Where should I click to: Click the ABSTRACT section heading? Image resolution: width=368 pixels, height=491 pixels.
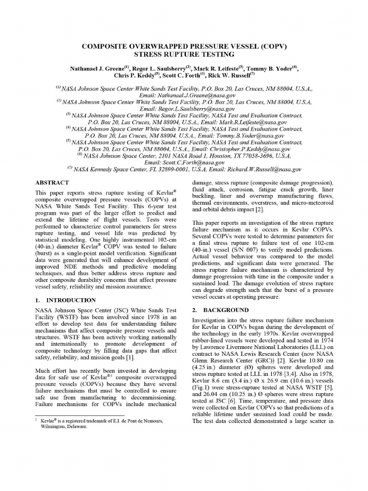(52, 183)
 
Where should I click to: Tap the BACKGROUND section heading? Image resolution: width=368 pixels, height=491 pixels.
(221, 310)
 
